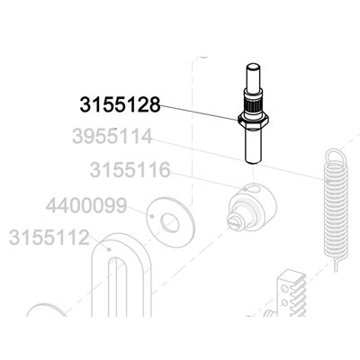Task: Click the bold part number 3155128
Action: tap(120, 105)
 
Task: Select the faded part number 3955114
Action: tap(112, 137)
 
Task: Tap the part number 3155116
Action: tap(130, 170)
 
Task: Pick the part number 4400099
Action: tap(86, 206)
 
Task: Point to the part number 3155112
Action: tap(49, 238)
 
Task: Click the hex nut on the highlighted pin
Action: tap(253, 120)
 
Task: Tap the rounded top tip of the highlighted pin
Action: tap(254, 66)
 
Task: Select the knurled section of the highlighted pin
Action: tap(254, 105)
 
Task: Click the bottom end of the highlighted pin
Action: tap(254, 161)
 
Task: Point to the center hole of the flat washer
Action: tap(170, 223)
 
